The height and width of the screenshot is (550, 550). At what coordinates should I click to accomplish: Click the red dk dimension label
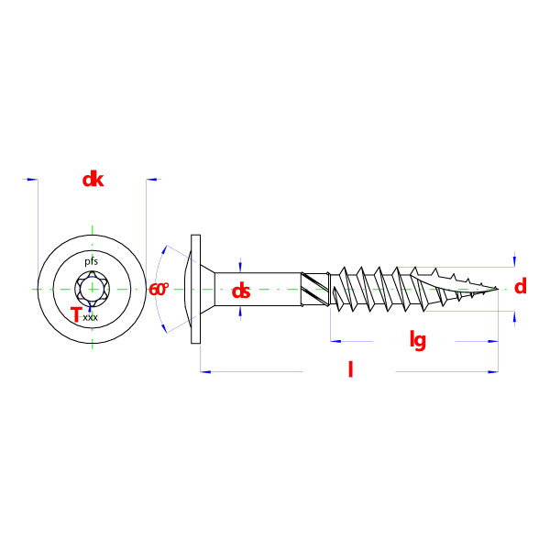tap(93, 180)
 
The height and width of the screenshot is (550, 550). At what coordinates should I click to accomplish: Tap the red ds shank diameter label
tap(241, 291)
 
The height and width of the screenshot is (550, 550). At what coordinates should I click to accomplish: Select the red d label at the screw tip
tap(521, 287)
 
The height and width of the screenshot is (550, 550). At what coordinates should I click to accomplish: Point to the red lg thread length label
tap(417, 341)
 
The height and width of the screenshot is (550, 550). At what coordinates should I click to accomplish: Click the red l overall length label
tap(349, 369)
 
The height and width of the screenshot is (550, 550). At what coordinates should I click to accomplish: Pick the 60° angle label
tap(159, 289)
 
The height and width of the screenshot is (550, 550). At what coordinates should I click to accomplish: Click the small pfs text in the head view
tap(92, 261)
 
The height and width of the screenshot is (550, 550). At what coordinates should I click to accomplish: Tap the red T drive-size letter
tap(76, 315)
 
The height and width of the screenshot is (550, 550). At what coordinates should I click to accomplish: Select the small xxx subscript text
tap(90, 318)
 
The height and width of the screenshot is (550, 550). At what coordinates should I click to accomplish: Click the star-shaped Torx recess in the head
tap(92, 290)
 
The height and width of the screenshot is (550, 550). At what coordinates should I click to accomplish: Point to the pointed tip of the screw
tap(498, 290)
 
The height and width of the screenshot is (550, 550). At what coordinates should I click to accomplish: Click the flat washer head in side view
tap(194, 289)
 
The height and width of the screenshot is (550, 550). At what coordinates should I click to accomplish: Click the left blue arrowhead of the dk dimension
tap(31, 180)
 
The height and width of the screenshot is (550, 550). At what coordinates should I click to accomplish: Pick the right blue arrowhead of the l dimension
tap(494, 371)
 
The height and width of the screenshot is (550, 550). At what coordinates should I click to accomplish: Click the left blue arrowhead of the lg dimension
tap(335, 342)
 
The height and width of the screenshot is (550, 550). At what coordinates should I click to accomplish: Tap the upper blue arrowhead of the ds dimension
tap(240, 263)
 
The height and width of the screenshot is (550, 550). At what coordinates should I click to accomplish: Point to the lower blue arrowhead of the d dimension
tap(514, 317)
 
